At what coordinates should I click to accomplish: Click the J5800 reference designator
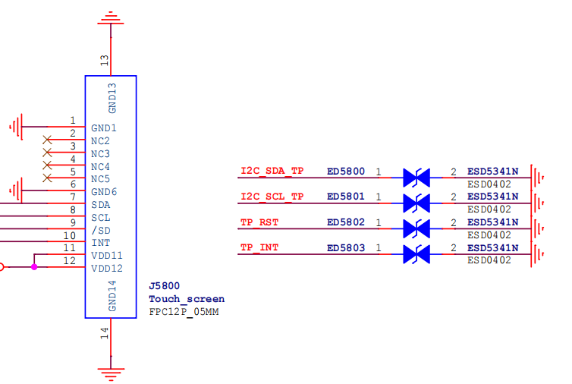[164, 286]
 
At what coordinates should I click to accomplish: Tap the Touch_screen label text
[187, 299]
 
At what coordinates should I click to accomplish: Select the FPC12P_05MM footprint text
[184, 312]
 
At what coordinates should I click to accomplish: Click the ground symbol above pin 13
[111, 18]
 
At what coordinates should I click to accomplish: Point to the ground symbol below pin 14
[111, 374]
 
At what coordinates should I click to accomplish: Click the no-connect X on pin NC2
[47, 140]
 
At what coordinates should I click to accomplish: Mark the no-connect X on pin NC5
[47, 178]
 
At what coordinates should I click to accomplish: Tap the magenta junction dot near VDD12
[34, 267]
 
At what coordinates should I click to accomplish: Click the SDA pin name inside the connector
[101, 205]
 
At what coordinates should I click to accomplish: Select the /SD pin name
[101, 231]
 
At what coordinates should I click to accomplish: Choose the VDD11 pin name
[107, 256]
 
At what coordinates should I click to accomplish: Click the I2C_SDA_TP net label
[272, 172]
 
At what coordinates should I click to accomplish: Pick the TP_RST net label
[259, 222]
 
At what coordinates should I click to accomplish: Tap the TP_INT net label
[259, 248]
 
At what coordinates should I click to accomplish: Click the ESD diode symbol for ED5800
[416, 178]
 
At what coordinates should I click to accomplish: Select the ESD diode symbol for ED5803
[416, 254]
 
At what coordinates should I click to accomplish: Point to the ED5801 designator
[346, 197]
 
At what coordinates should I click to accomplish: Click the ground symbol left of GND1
[16, 127]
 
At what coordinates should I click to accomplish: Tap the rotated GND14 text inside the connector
[112, 296]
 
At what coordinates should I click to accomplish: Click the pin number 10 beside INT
[69, 236]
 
